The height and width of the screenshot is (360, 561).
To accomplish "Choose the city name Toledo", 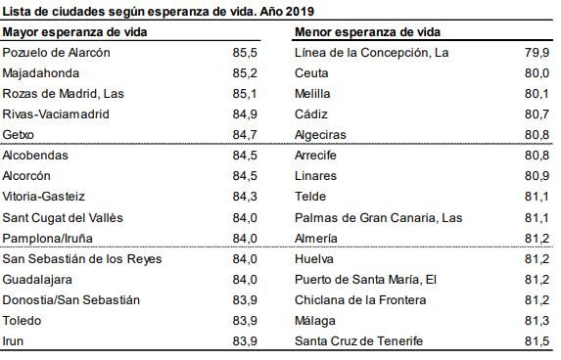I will pos(23,320).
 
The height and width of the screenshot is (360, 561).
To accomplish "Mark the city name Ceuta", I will pos(311,72).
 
